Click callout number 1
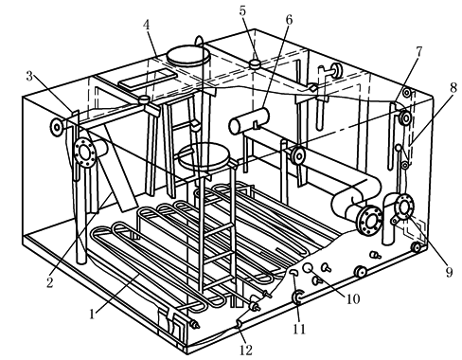[92, 315]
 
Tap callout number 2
[50, 282]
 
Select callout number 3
[29, 76]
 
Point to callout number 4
[146, 25]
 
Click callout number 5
[242, 10]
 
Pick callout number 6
[289, 19]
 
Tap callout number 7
[418, 52]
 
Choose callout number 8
[453, 88]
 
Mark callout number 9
[449, 272]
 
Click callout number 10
[353, 298]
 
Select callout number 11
[299, 329]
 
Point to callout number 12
[246, 350]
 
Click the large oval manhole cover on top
[188, 56]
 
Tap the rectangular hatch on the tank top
[148, 79]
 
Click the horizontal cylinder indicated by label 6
[249, 121]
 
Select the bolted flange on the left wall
[84, 153]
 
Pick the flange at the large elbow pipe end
[368, 221]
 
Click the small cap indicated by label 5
[255, 63]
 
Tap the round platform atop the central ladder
[204, 155]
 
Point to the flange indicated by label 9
[404, 207]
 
